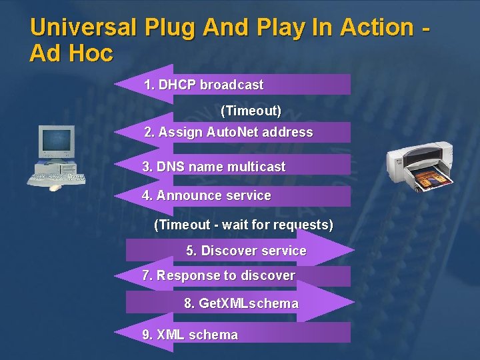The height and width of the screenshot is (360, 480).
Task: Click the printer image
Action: click(x=420, y=167)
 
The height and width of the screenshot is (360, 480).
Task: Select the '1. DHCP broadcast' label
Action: click(x=204, y=85)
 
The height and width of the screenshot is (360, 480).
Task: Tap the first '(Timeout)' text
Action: click(x=251, y=109)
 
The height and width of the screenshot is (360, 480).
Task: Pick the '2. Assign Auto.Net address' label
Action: click(x=229, y=132)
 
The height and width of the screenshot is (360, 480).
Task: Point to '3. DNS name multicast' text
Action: click(x=214, y=167)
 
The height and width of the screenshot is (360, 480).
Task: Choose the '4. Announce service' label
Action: click(x=207, y=195)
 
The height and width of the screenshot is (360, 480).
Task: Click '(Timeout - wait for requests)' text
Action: click(x=243, y=225)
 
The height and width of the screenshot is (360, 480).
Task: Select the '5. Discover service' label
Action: click(x=246, y=251)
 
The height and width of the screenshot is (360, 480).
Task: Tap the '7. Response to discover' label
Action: click(x=219, y=275)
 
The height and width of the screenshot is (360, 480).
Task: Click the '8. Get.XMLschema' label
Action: click(x=241, y=303)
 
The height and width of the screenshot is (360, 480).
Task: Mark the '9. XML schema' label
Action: click(x=190, y=335)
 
